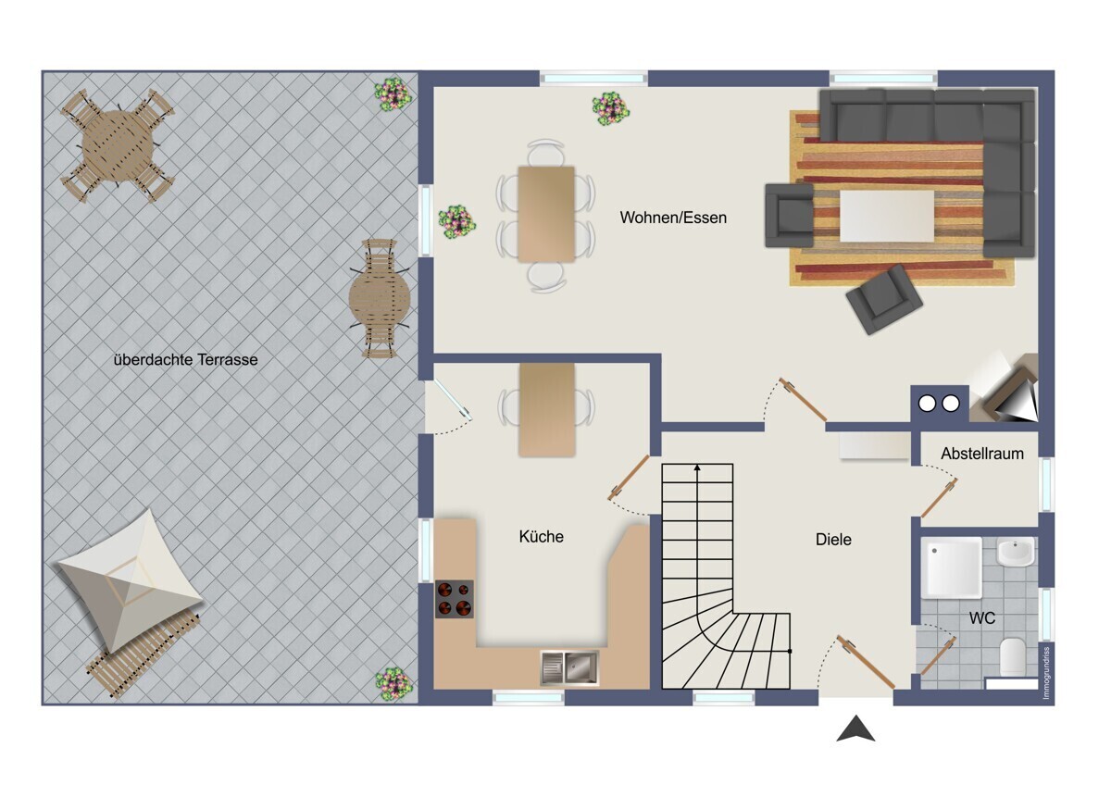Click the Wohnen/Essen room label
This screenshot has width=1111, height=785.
[x=673, y=218]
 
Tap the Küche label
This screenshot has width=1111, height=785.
[x=541, y=537]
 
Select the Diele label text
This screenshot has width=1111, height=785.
[x=833, y=540]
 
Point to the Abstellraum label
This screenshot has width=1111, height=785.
[x=982, y=454]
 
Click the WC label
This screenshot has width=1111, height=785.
[x=982, y=618]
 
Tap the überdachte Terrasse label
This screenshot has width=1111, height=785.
[x=185, y=360]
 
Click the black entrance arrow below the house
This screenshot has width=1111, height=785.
[x=855, y=729]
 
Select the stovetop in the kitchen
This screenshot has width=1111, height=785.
[x=455, y=599]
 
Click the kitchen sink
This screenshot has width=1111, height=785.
[x=569, y=667]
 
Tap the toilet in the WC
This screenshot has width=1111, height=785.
[x=1012, y=656]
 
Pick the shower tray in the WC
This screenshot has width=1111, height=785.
[x=952, y=567]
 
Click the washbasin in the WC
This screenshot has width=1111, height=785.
[x=1016, y=552]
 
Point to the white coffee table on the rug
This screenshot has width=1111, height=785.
[x=887, y=217]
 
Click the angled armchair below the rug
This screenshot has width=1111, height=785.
[x=884, y=299]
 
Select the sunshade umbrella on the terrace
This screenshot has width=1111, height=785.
[x=130, y=581]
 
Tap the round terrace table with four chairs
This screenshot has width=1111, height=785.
[x=118, y=145]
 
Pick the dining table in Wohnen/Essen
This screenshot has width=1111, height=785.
[x=546, y=214]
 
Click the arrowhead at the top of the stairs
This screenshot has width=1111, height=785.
[x=697, y=467]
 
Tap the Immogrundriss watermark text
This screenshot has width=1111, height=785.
[x=1046, y=673]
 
